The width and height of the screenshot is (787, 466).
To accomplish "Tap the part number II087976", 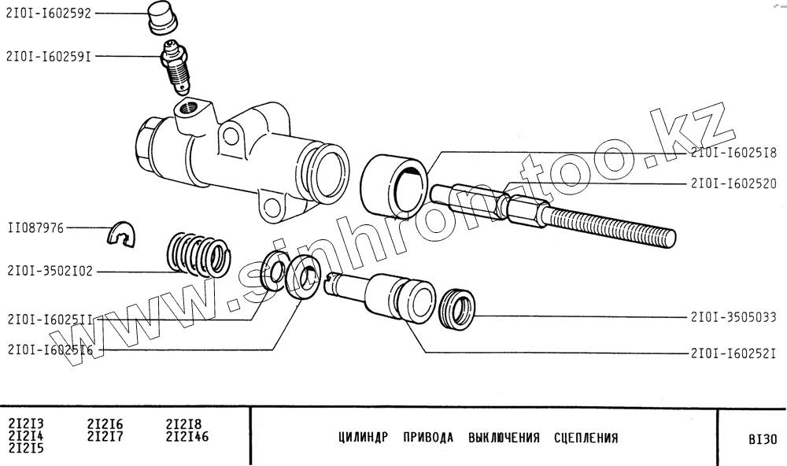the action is tap(35, 227).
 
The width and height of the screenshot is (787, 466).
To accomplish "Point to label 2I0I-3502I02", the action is tap(50, 272).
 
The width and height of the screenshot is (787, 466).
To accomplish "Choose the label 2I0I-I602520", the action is tap(733, 183).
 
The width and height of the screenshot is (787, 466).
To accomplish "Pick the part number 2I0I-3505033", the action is tap(733, 318).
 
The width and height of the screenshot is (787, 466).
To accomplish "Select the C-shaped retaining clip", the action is tap(122, 233).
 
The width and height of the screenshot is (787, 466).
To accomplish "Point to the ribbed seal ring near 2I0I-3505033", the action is tap(457, 310).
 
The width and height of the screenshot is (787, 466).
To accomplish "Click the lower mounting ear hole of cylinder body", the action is tap(272, 208).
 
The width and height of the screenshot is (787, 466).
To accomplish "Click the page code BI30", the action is tap(762, 439).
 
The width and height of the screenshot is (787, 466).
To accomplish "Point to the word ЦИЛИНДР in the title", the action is tap(364, 438).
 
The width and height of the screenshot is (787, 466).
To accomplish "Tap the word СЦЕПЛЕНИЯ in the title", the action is tap(586, 438).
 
